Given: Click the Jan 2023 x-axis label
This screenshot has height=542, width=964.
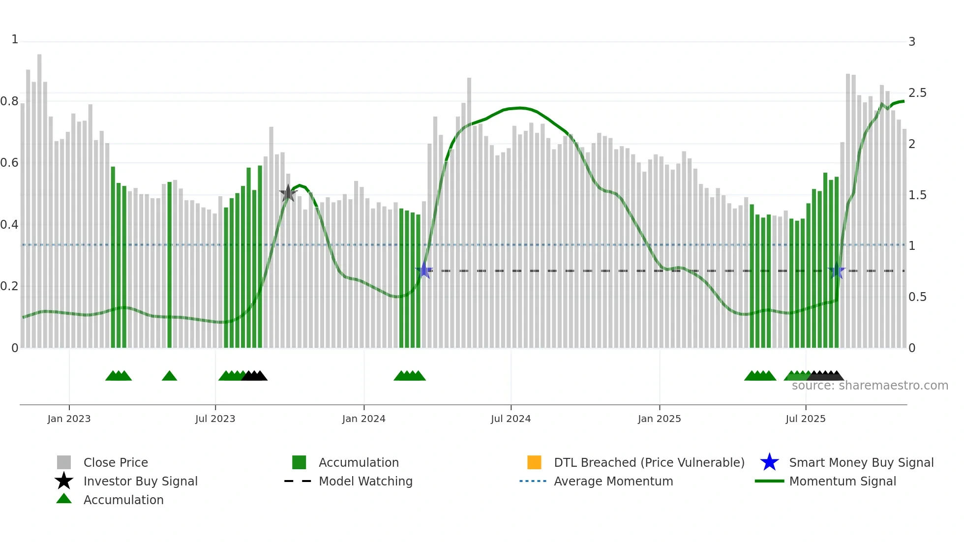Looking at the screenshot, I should pyautogui.click(x=69, y=419).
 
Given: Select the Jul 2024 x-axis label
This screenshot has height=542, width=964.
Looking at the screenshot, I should pyautogui.click(x=511, y=419).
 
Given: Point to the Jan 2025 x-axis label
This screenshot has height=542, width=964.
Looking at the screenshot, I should pyautogui.click(x=659, y=419).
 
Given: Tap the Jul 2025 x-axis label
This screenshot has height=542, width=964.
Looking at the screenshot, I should pyautogui.click(x=805, y=419).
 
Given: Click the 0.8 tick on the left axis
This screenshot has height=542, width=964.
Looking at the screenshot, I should pyautogui.click(x=9, y=101).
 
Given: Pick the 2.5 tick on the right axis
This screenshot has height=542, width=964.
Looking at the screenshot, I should pyautogui.click(x=917, y=93).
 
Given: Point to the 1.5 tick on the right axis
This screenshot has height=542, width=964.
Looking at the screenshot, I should pyautogui.click(x=917, y=195).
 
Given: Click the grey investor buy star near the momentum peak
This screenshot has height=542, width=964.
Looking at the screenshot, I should pyautogui.click(x=288, y=193).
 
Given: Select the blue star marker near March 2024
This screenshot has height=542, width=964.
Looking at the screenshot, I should pyautogui.click(x=424, y=271).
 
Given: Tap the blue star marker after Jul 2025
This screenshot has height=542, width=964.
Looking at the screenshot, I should pyautogui.click(x=836, y=271).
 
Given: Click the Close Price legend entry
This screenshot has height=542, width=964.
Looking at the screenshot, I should pyautogui.click(x=115, y=462).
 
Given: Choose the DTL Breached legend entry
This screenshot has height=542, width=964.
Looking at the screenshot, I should pyautogui.click(x=649, y=462).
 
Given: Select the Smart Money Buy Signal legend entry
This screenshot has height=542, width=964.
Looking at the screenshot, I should pyautogui.click(x=861, y=462).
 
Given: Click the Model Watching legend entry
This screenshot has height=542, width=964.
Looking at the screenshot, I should pyautogui.click(x=365, y=481).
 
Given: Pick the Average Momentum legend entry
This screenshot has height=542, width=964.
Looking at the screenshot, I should pyautogui.click(x=613, y=481).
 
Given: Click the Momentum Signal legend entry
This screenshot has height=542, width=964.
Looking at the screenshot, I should pyautogui.click(x=842, y=481).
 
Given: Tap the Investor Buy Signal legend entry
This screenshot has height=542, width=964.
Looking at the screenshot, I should pyautogui.click(x=140, y=481).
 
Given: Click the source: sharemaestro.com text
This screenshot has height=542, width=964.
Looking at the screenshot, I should pyautogui.click(x=870, y=386).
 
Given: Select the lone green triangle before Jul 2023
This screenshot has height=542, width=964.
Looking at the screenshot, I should pyautogui.click(x=169, y=376).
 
